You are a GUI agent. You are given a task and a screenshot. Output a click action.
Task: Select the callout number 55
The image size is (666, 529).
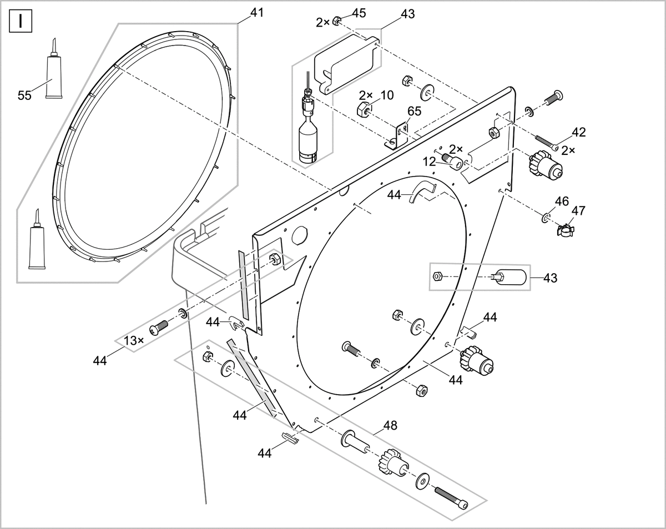24,95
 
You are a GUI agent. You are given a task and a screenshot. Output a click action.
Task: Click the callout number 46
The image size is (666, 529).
562,200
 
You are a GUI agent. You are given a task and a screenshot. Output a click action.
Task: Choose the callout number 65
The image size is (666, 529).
414,110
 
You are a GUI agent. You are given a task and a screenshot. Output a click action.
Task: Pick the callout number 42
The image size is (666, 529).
578,132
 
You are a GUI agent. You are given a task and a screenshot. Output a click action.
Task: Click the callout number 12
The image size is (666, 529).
430,161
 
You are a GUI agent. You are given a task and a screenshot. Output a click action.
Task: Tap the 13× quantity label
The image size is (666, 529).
134,340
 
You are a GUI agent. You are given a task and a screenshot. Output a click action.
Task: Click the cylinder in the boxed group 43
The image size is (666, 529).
509,276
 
